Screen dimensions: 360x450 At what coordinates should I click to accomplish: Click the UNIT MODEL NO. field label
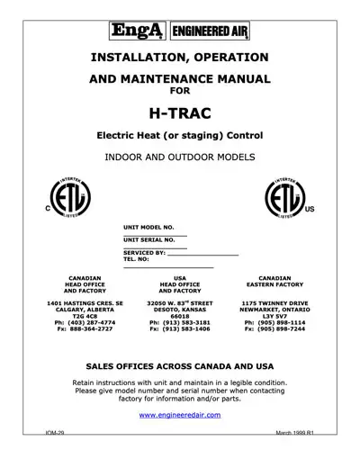tap(148, 229)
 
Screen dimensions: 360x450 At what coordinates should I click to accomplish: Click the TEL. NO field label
tap(137, 261)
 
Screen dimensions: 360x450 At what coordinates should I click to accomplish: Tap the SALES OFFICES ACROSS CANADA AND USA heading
tap(179, 368)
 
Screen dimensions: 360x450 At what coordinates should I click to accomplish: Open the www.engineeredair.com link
tap(179, 416)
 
